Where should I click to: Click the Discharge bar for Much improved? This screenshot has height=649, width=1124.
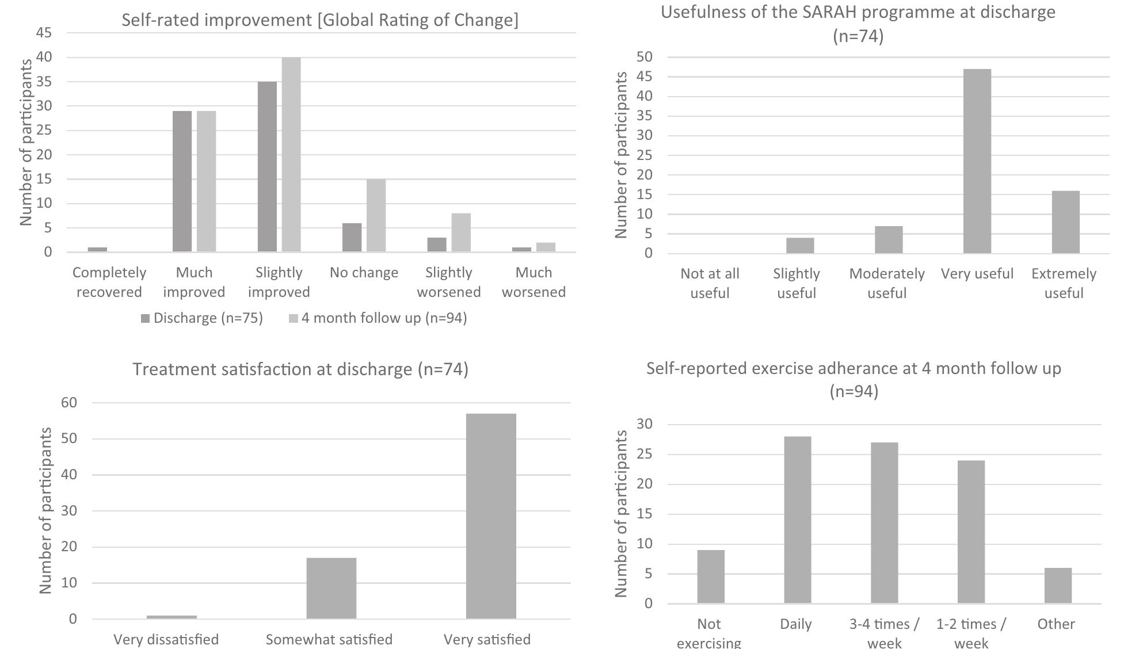click(182, 181)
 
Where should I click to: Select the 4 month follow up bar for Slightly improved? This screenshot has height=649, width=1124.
click(291, 155)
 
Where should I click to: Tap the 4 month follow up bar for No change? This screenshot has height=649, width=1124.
click(376, 216)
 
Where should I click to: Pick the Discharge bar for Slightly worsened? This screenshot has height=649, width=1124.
click(437, 245)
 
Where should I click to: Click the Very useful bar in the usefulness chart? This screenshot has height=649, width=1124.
click(977, 161)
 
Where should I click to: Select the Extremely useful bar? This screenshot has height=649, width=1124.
click(1065, 222)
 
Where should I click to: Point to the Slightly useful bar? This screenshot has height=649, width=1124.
click(800, 246)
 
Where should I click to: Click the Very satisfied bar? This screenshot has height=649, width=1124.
click(491, 516)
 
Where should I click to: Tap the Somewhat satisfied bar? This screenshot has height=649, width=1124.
click(332, 589)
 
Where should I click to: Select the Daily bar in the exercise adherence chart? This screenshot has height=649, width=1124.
click(798, 520)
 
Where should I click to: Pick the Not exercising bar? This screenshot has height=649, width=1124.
click(711, 577)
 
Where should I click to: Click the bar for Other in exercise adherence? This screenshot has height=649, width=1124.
click(1058, 586)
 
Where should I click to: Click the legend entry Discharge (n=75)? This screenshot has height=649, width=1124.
click(202, 318)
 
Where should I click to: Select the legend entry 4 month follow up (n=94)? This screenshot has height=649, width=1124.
click(378, 318)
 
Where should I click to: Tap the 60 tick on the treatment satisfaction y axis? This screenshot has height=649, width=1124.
click(69, 403)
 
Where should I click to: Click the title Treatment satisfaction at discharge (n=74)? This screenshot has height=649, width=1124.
click(300, 369)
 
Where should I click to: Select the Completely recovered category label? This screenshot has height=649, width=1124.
click(109, 282)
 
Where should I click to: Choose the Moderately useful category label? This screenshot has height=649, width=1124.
click(887, 283)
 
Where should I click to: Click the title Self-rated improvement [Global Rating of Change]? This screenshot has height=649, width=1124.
click(320, 20)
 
